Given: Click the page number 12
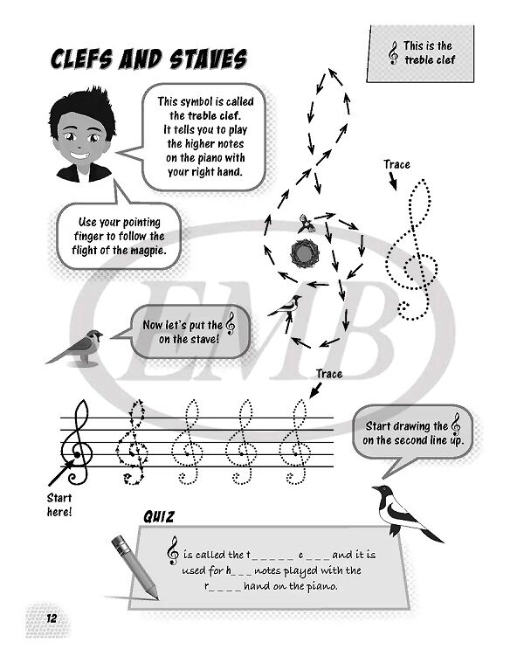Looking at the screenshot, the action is coord(52,618).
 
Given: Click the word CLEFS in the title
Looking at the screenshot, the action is coord(82,59).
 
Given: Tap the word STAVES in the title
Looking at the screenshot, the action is coord(209,59).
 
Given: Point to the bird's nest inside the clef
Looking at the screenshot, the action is coord(303,252).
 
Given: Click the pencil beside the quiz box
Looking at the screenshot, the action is coord(134,567).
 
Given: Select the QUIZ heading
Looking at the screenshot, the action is coord(158,517).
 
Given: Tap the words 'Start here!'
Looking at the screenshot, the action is coord(59,505).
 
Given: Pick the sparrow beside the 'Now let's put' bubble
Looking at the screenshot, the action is coord(76,348).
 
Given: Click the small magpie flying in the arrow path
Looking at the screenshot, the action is coord(286,307).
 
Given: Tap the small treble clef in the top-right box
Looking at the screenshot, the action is coord(394,53).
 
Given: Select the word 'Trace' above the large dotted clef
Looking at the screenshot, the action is coord(396,164).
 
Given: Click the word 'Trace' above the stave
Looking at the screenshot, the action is coord(329,374).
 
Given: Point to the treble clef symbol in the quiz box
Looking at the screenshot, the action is coord(173,550).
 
